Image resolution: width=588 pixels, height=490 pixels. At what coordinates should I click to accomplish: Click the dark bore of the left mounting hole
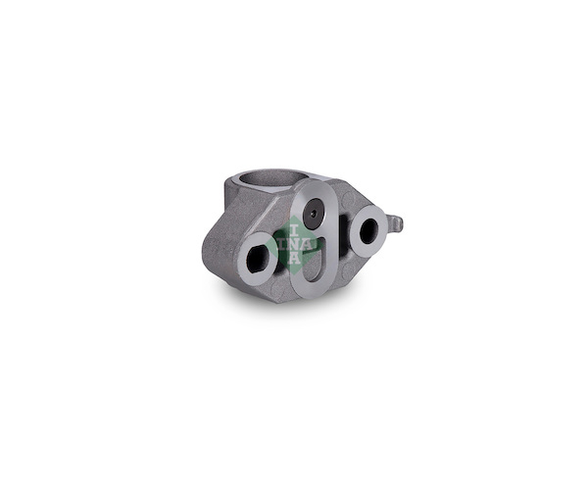click(x=259, y=259)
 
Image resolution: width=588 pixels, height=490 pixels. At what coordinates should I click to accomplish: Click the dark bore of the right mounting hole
click(x=369, y=230)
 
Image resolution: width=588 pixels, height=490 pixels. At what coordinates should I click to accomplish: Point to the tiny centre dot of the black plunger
click(x=314, y=214)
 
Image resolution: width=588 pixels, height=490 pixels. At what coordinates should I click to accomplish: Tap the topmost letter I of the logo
click(x=294, y=230)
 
